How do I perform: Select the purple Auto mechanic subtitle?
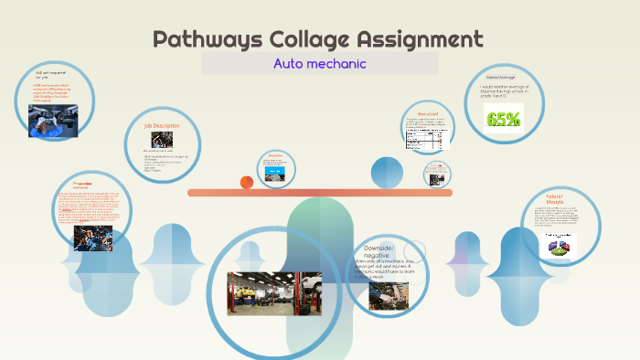click(319, 64)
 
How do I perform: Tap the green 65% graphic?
click(504, 119)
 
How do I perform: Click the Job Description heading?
click(161, 125)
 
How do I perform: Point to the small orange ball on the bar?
click(246, 182)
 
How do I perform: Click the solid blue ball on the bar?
click(387, 173)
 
